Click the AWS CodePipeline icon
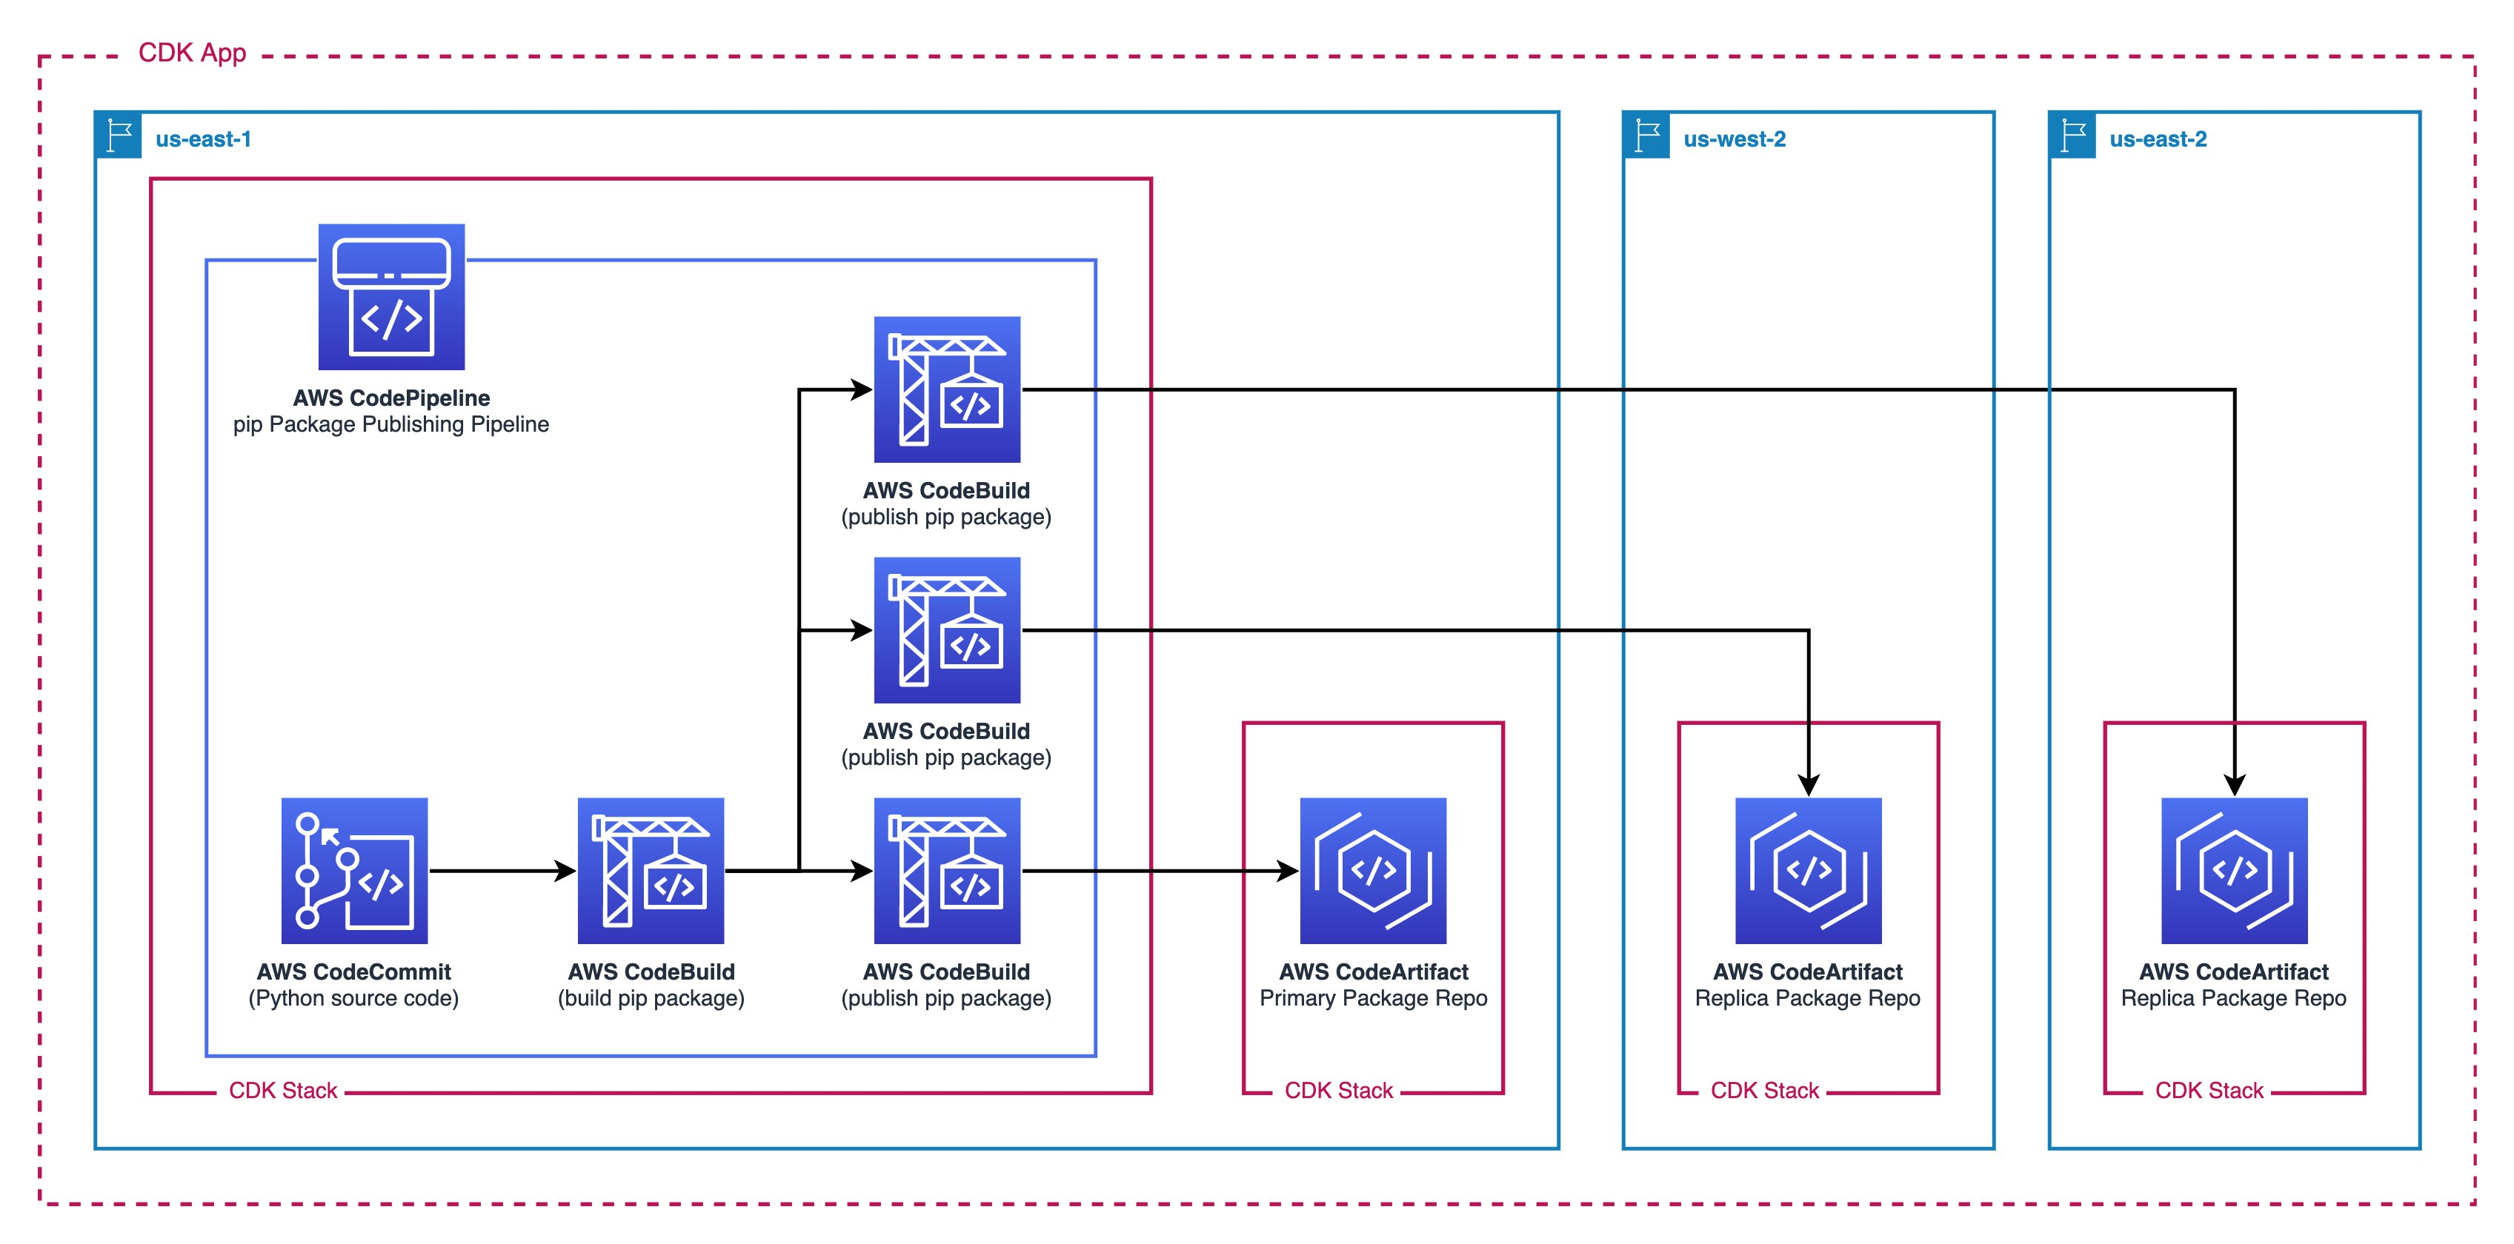click(391, 297)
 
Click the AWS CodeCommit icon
click(354, 870)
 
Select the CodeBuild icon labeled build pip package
click(651, 870)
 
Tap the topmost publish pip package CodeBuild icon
click(947, 389)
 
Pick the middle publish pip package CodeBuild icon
click(947, 630)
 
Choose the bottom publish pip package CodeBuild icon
click(947, 870)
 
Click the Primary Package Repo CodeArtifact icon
click(1373, 870)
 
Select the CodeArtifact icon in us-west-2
click(1809, 870)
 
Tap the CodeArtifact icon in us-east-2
click(2234, 870)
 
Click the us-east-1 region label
click(203, 138)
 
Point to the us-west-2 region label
click(1735, 138)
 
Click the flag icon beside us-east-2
click(2072, 136)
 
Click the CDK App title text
click(192, 53)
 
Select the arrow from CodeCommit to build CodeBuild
click(502, 870)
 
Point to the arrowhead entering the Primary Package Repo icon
click(1287, 870)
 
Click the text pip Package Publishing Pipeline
click(390, 424)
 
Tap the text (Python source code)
click(353, 998)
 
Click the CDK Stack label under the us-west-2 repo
click(1764, 1090)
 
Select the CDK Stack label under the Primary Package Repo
click(1338, 1090)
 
